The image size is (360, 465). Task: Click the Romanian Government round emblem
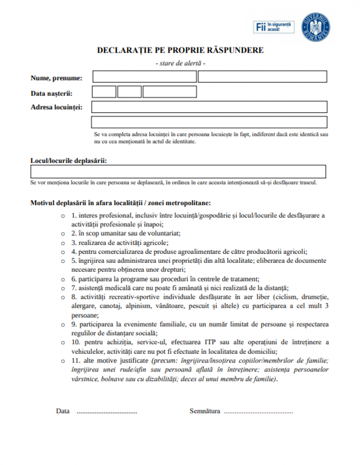(316, 26)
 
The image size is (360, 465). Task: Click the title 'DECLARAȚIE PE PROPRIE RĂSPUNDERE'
(180, 50)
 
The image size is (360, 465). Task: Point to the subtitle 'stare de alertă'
(180, 63)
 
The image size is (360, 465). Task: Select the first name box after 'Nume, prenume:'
(144, 77)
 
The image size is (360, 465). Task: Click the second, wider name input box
(262, 77)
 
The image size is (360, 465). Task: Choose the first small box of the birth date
(104, 92)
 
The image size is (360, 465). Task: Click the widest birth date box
(170, 92)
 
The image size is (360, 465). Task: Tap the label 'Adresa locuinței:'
(57, 107)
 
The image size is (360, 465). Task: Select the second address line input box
(209, 122)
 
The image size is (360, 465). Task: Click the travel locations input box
(178, 172)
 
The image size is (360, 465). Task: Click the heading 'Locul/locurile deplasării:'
(68, 161)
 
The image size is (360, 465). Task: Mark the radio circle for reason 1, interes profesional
(63, 216)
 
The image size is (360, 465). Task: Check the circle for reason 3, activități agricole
(63, 243)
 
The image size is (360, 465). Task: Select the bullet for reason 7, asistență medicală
(63, 288)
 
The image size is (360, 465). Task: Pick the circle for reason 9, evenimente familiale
(63, 325)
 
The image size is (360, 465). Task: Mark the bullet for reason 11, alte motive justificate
(63, 361)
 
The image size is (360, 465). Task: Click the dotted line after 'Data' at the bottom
(107, 411)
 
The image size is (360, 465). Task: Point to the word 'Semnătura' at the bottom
(205, 411)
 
